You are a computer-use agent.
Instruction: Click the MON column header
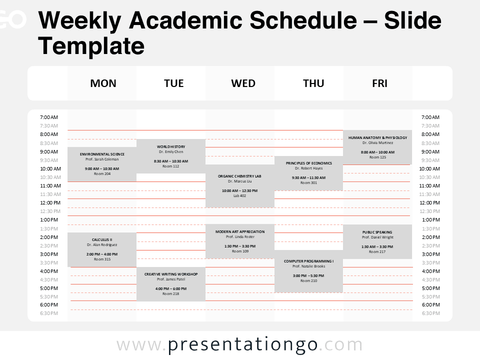coord(103,83)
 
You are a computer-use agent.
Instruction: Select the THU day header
coord(313,83)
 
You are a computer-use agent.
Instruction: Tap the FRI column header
coord(379,83)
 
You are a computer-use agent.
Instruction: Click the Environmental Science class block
coord(102,164)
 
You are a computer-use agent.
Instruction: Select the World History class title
coord(171,146)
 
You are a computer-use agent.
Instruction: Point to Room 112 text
coord(171,166)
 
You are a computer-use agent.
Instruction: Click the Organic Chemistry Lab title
coord(239,176)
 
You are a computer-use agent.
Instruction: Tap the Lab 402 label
coord(239,195)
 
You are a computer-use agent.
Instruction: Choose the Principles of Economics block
coord(308,173)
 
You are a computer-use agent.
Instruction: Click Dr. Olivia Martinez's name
coord(377,143)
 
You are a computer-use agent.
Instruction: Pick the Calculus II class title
coord(102,239)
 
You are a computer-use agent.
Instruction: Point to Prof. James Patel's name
coord(171,279)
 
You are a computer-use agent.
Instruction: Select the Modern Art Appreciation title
coord(240,231)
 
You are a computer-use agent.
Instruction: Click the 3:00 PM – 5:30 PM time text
coord(308,275)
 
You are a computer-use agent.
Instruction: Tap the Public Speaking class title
coord(377,232)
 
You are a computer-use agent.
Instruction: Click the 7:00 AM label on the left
coord(49,117)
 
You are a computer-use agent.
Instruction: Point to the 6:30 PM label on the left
coord(49,313)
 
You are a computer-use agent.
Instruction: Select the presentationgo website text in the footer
coord(240,345)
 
